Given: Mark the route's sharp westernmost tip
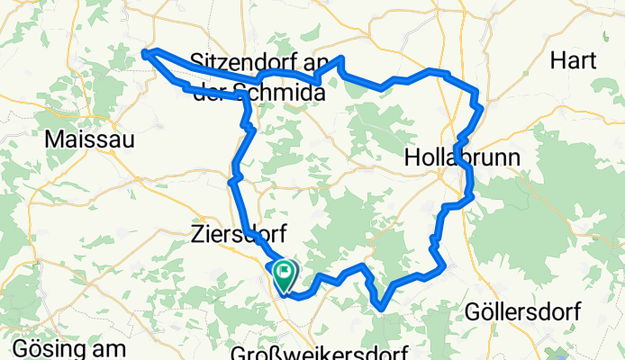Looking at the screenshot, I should pos(145,53).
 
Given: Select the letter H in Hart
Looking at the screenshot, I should pos(558,61).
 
